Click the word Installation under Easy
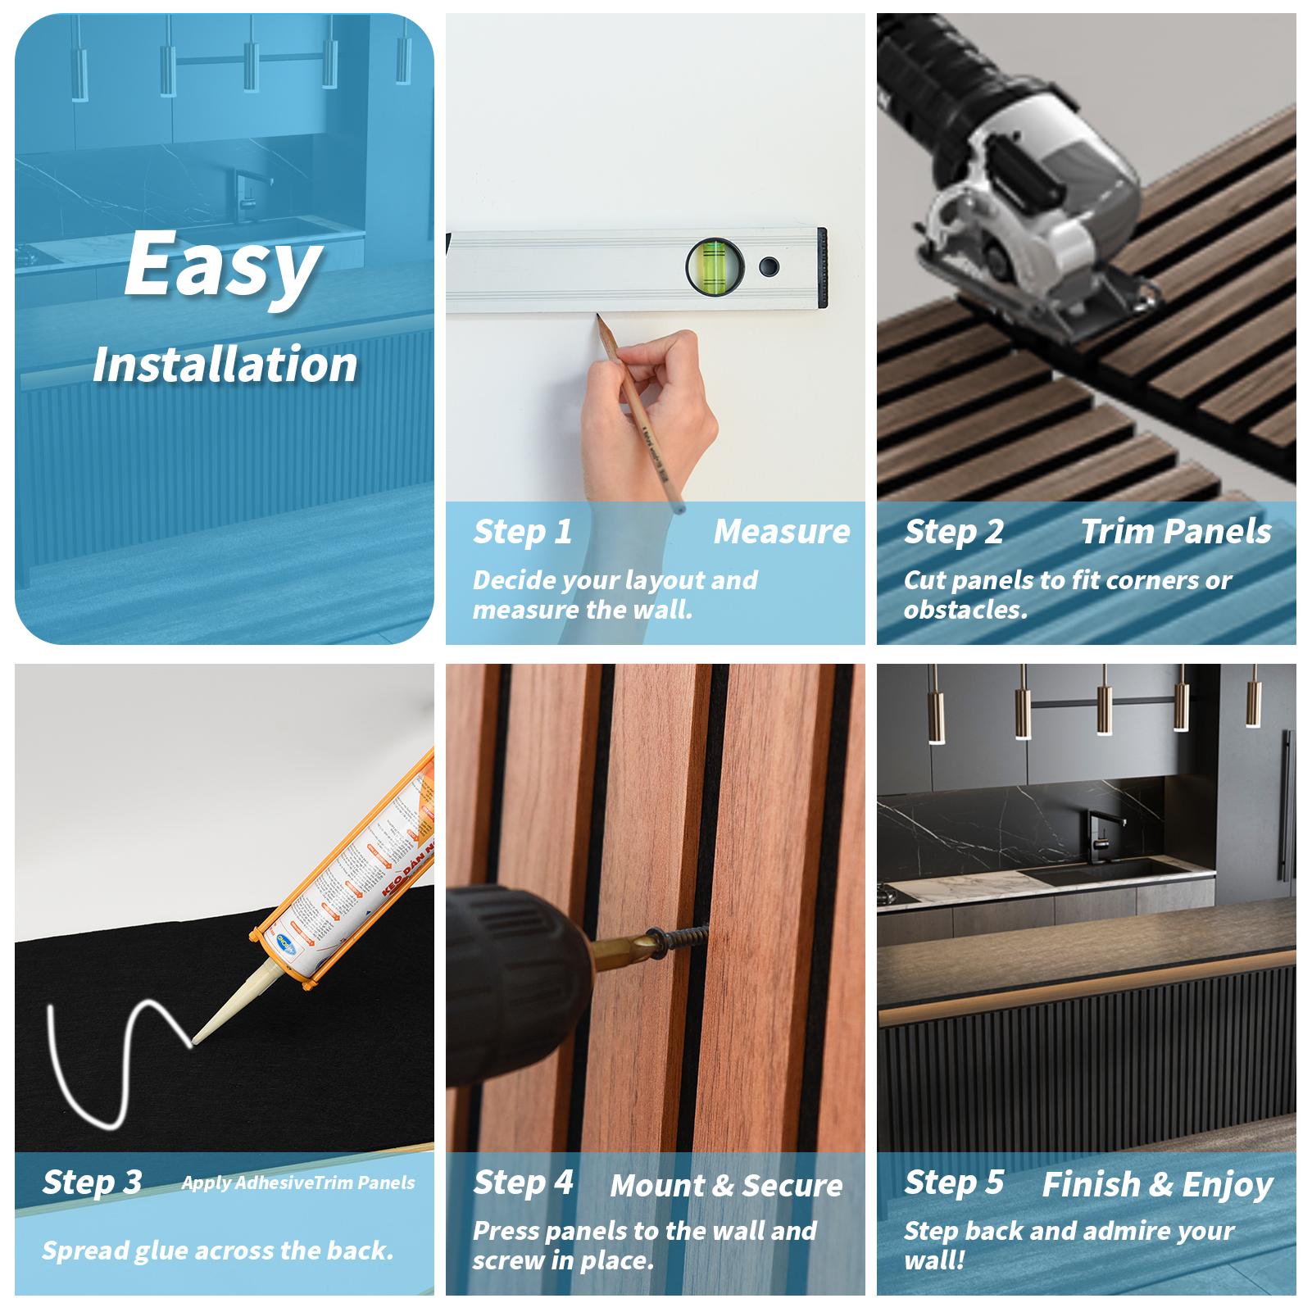(x=225, y=365)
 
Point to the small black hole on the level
(x=769, y=266)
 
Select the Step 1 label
(x=523, y=532)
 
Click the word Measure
(x=782, y=532)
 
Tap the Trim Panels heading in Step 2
(x=1175, y=532)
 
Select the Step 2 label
(x=954, y=532)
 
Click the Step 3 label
(x=92, y=1183)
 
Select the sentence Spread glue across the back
(x=218, y=1251)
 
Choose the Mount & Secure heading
(x=726, y=1186)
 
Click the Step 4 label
(x=523, y=1183)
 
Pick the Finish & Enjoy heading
(x=1157, y=1185)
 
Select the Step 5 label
(x=954, y=1183)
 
